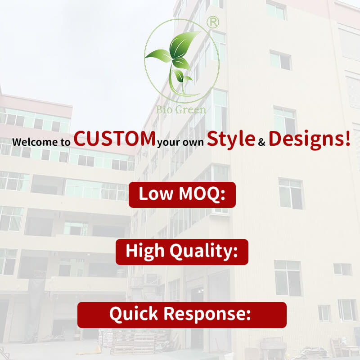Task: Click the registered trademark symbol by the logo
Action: [x=213, y=22]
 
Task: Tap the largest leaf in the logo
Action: [x=184, y=44]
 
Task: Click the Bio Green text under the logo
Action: [x=181, y=110]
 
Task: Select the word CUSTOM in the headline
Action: [x=114, y=139]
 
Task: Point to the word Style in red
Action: [x=231, y=139]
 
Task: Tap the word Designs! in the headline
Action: [x=310, y=139]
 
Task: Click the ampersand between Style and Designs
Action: [x=262, y=142]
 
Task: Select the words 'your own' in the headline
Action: [x=180, y=143]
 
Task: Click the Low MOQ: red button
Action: [x=182, y=195]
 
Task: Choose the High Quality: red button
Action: [x=182, y=252]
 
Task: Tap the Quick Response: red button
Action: [x=182, y=315]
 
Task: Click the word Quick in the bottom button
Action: [x=134, y=314]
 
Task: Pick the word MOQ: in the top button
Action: [x=202, y=194]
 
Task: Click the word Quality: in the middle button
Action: [x=204, y=252]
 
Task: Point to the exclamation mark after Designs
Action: [x=347, y=139]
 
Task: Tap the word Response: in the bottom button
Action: [x=207, y=314]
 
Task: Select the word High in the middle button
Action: [x=145, y=252]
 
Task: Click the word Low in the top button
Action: [x=156, y=193]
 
